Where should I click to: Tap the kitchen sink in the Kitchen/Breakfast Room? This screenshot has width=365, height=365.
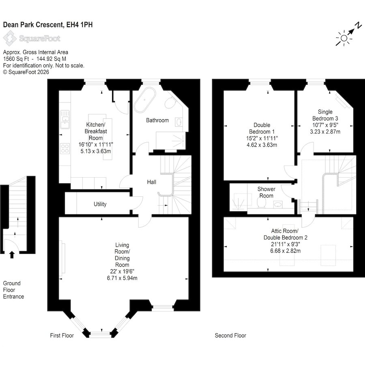point(65,119)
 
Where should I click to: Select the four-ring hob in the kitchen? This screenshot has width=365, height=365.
point(65,149)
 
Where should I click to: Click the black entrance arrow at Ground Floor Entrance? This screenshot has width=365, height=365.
point(12,255)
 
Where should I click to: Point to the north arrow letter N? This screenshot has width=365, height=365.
point(359,25)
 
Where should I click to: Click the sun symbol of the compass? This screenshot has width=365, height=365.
point(344,38)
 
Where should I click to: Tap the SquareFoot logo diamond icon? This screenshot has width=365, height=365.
point(10,39)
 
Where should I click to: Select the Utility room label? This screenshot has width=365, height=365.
point(100,204)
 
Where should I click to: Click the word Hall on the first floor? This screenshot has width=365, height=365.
point(152,182)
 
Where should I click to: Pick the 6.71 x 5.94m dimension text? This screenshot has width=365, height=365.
point(122,278)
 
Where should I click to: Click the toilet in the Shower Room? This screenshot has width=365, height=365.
point(262,203)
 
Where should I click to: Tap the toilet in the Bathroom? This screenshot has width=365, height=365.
point(170,103)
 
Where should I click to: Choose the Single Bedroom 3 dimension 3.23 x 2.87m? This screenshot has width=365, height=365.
point(325,132)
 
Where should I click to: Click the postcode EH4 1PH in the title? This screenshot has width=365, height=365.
point(79,25)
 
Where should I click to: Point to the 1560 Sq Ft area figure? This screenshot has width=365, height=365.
point(16,59)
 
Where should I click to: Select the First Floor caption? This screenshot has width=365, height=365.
point(62,335)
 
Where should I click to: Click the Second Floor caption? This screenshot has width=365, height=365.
point(230,335)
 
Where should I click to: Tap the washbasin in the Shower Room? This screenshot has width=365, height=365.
point(278,205)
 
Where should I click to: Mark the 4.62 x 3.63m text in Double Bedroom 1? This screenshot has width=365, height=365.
point(262,145)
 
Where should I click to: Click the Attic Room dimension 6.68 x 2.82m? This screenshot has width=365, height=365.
point(286,251)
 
